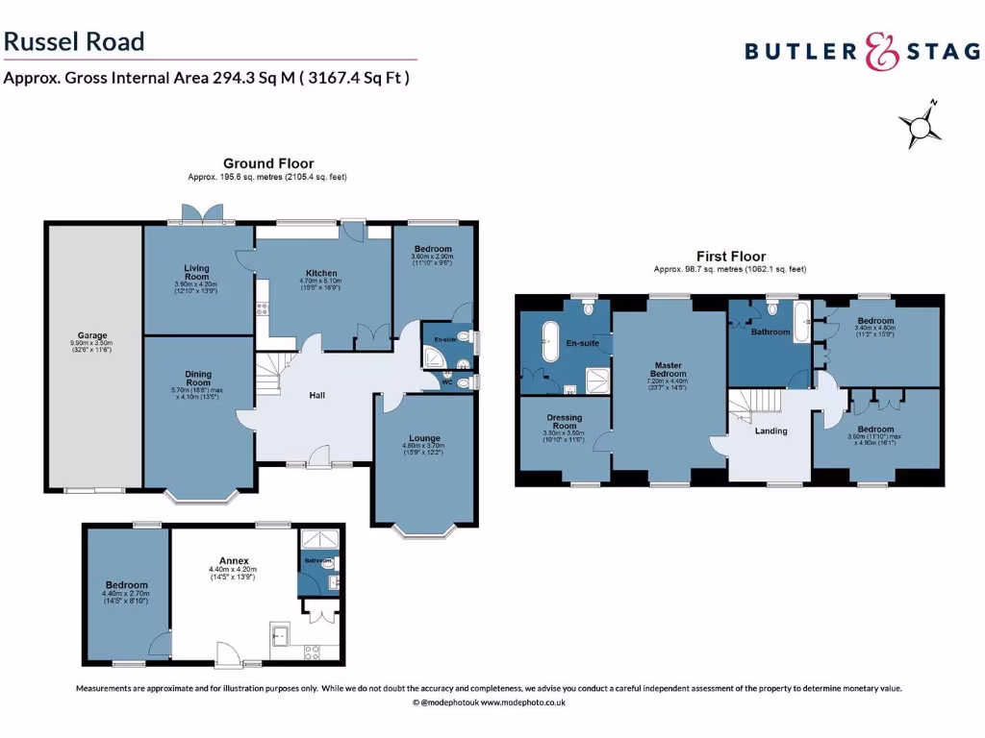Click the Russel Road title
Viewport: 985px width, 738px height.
74,41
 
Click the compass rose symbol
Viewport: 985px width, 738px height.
920,126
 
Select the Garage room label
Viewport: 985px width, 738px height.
93,336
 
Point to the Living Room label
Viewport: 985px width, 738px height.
196,273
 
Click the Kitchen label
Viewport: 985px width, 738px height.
321,273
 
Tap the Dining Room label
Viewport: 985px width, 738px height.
197,379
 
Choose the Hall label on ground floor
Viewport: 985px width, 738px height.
316,395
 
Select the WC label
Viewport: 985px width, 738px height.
447,382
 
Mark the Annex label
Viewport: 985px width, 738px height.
234,560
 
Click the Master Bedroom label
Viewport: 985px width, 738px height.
669,369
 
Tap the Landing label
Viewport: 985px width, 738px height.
770,430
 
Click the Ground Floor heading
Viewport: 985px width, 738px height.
268,163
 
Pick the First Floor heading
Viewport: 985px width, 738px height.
730,257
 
